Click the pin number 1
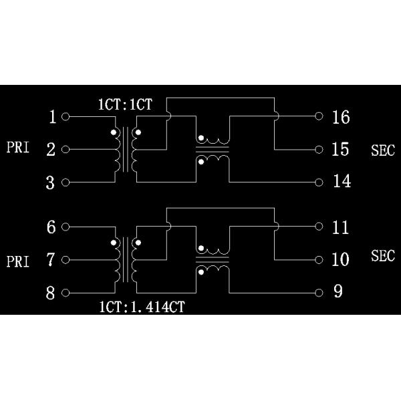tap(51, 117)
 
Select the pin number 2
tap(51, 150)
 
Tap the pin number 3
tap(51, 182)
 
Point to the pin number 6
tap(51, 227)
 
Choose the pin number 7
tap(51, 259)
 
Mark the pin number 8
tap(51, 292)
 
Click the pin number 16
tap(340, 117)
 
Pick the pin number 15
tap(340, 149)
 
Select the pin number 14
tap(340, 182)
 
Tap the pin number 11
tap(340, 227)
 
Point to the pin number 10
tap(340, 259)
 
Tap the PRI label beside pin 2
tap(18, 148)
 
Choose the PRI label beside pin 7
tap(18, 261)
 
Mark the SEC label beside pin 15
tap(383, 150)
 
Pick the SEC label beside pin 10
tap(383, 256)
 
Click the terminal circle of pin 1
tap(65, 117)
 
